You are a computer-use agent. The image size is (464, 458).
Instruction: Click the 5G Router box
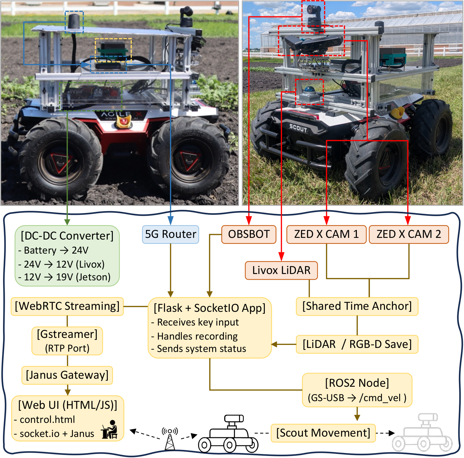click(170, 234)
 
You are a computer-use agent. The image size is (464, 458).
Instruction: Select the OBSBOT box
click(249, 234)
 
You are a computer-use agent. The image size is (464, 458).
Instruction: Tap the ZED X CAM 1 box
click(326, 234)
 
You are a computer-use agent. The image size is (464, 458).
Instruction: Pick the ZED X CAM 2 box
click(408, 234)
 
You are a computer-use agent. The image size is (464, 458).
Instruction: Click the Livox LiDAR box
click(281, 270)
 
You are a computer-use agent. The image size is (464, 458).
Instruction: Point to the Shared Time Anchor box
click(357, 306)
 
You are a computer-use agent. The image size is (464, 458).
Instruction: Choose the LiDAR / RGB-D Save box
click(357, 344)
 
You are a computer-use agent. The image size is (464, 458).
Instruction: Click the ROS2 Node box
click(357, 390)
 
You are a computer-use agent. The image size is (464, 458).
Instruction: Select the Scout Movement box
click(323, 433)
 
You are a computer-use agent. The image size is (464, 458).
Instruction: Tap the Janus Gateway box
click(67, 375)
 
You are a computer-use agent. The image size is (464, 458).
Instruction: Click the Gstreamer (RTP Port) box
click(67, 341)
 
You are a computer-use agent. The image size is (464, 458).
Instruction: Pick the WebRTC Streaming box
click(67, 306)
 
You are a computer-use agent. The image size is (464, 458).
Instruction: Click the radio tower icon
click(170, 438)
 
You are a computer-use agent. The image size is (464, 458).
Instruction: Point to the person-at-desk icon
click(110, 430)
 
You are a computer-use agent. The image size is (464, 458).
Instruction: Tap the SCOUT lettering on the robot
click(298, 128)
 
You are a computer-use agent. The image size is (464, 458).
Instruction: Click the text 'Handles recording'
click(198, 336)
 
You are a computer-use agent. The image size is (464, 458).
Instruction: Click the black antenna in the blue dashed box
click(74, 22)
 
